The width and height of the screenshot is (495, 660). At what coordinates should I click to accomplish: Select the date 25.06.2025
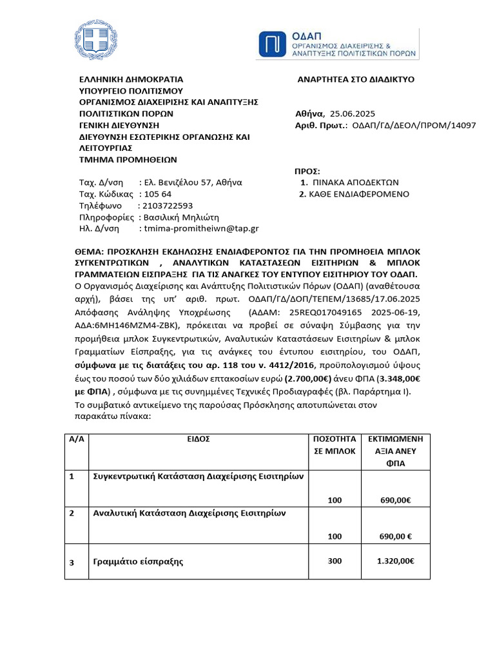[x=351, y=113]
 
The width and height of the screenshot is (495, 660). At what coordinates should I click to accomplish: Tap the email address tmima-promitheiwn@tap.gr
[x=201, y=228]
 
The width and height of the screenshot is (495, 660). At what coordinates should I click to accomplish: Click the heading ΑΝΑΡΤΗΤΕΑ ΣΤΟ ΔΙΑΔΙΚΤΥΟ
[x=355, y=79]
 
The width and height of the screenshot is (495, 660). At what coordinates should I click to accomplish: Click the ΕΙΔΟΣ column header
[x=200, y=439]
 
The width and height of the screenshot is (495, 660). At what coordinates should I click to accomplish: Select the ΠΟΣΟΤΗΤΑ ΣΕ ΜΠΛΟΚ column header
[x=334, y=445]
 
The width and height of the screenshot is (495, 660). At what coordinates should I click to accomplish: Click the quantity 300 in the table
[x=335, y=561]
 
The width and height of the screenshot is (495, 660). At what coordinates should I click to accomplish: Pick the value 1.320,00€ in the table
[x=395, y=561]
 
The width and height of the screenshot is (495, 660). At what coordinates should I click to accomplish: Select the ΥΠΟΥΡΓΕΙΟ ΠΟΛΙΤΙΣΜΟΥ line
[x=131, y=91]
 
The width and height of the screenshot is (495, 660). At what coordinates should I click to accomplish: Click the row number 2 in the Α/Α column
[x=72, y=513]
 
